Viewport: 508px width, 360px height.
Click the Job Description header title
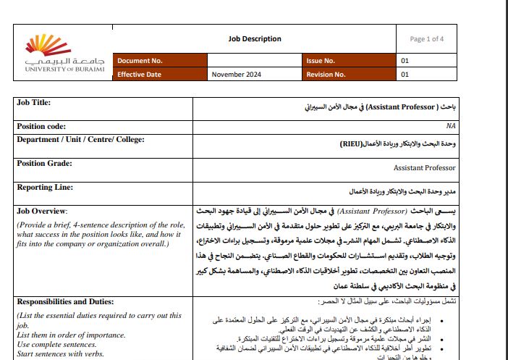click(x=255, y=39)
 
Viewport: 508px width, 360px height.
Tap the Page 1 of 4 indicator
click(x=427, y=39)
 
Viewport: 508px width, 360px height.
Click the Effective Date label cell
click(x=142, y=74)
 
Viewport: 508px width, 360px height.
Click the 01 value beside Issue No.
click(x=405, y=61)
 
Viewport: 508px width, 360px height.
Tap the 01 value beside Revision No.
click(x=405, y=74)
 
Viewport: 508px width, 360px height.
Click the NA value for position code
click(x=451, y=126)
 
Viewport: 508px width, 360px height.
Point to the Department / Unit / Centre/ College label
click(x=80, y=139)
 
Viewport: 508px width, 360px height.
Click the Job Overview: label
click(x=42, y=211)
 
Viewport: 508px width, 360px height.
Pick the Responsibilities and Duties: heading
click(x=69, y=301)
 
